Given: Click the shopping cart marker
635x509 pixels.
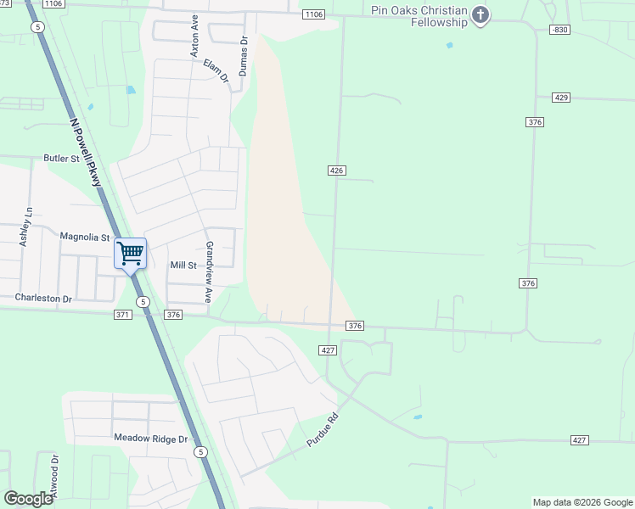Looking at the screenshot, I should pos(130,253).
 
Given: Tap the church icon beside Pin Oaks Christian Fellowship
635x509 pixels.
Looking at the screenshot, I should pos(481,14).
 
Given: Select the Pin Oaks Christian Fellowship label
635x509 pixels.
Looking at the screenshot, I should pos(419,16).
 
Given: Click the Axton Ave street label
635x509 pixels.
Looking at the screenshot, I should pos(194,36).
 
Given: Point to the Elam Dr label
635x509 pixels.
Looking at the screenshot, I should pos(216,70).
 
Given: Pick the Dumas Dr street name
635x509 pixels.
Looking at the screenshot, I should pos(243,56).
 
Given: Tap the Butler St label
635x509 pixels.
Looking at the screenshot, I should pos(61,159).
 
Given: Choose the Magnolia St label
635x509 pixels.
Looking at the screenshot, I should pos(85,238).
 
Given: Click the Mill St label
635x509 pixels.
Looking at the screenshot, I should pos(183,266).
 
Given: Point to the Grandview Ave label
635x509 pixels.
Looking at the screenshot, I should pos(209,271).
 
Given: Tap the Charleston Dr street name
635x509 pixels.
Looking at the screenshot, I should pos(43,299).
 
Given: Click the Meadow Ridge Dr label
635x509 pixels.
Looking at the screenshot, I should pos(150,439).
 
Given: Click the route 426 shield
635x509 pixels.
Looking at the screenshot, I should pos(336,171).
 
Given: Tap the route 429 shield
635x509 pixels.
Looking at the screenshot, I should pos(560,98).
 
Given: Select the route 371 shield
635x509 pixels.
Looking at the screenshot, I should pos(122,315).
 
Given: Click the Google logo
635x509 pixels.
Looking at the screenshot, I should pos(28,499).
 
